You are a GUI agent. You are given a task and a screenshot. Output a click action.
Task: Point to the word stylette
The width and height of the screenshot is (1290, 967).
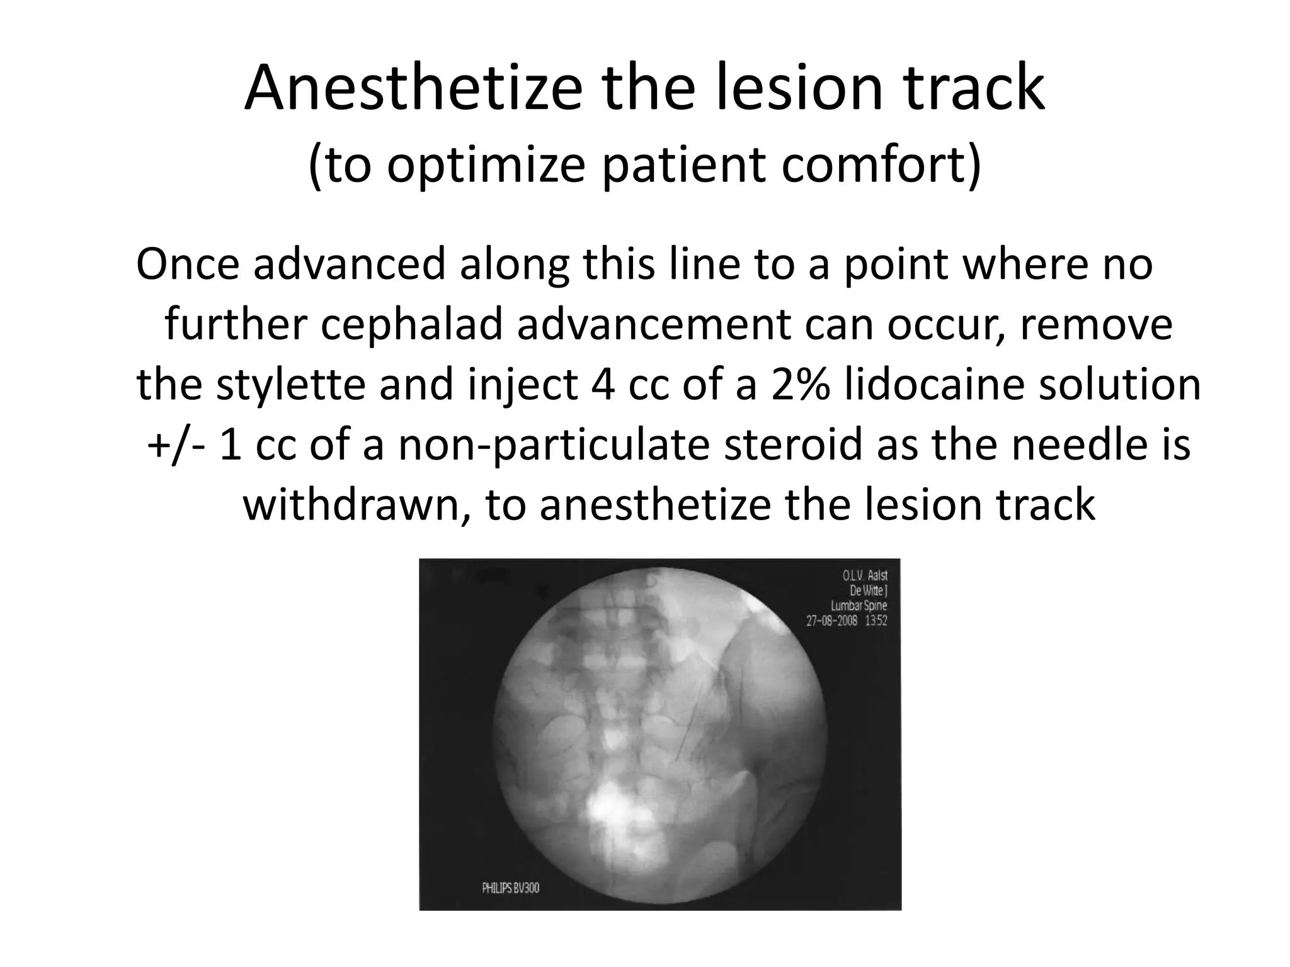(x=290, y=385)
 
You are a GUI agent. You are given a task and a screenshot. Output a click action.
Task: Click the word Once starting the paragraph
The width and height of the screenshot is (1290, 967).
(x=188, y=264)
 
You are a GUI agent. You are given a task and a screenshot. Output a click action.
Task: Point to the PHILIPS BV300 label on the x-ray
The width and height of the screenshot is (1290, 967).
(x=510, y=888)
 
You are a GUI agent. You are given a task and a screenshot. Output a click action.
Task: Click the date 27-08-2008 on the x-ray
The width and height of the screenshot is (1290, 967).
(x=831, y=621)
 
